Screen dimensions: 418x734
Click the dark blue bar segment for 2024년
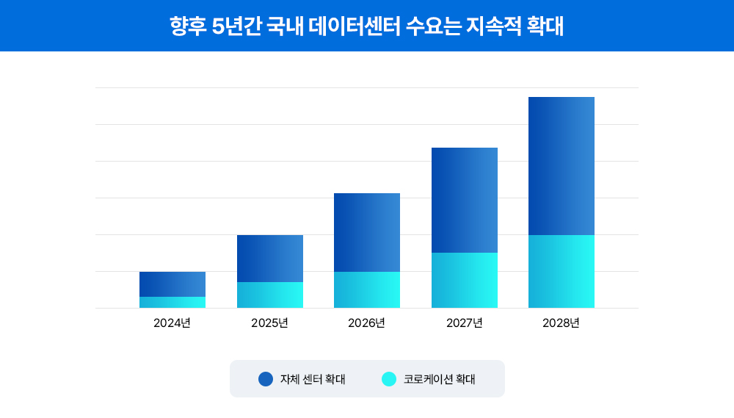click(172, 284)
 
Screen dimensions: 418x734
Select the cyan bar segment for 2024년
click(172, 303)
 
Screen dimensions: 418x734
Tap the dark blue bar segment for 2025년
click(270, 259)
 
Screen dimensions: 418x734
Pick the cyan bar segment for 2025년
click(270, 295)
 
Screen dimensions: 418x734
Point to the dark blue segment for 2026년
click(367, 232)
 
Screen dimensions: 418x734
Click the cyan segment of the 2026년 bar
click(367, 290)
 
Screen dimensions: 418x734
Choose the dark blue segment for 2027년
click(465, 200)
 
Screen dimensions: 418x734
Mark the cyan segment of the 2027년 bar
click(465, 281)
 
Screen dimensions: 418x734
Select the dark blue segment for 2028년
click(562, 166)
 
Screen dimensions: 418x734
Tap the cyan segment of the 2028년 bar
click(562, 272)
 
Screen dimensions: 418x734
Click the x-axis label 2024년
click(172, 323)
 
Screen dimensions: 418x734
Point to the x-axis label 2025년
click(270, 323)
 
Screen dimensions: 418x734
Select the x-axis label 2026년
click(367, 323)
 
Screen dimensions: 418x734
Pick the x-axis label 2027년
click(465, 323)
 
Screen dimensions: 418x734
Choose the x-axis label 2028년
click(562, 323)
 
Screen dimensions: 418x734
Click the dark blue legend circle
click(266, 379)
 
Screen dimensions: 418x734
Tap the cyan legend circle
click(389, 379)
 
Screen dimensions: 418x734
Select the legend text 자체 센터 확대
click(313, 380)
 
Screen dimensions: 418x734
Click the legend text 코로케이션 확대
click(440, 380)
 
